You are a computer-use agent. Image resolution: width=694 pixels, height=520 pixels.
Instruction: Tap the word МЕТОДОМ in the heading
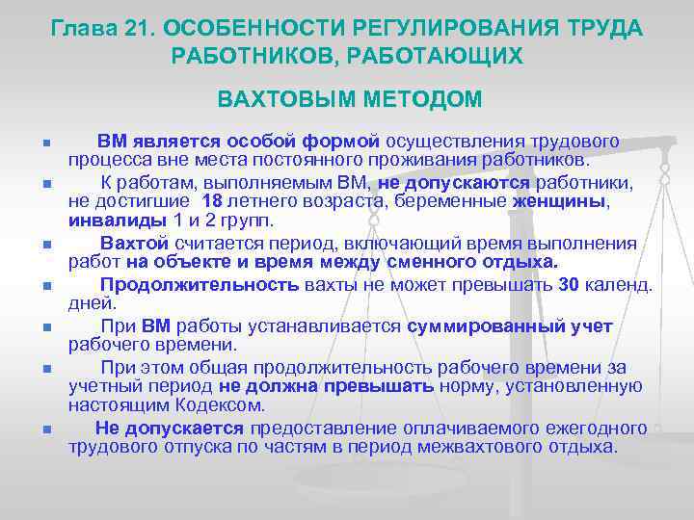click(x=415, y=99)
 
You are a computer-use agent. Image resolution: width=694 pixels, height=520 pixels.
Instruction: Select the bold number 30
click(x=569, y=285)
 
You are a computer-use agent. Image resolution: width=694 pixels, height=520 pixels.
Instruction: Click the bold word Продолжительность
click(x=200, y=285)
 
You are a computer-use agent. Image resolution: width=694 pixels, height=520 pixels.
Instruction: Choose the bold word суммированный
click(x=467, y=326)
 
